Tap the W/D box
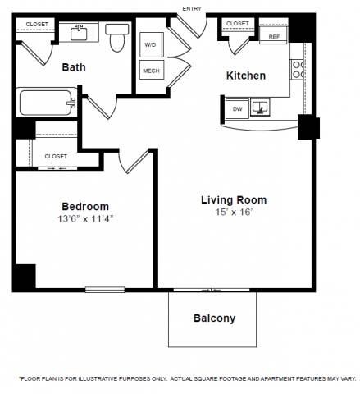point(151,45)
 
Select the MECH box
point(151,71)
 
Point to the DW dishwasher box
point(236,108)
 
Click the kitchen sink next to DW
point(262,107)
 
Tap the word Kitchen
point(245,76)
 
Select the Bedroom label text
point(85,206)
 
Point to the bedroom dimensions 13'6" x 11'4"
point(85,219)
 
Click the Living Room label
point(234,199)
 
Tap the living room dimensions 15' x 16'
point(234,213)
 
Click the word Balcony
point(214,318)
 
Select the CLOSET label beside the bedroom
point(56,156)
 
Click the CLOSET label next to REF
point(237,24)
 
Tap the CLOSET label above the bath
point(37,25)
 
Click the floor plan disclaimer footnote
point(186,378)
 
